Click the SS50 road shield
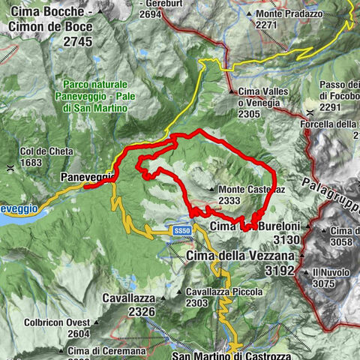179,229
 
